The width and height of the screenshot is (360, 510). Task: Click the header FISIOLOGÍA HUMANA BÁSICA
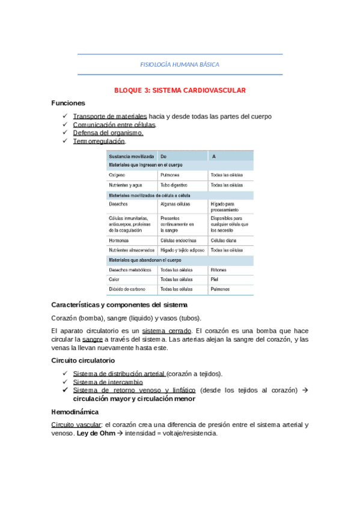[x=180, y=64]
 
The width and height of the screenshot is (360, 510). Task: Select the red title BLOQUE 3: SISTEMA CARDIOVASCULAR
[x=180, y=90]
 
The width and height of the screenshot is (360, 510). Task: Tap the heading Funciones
[x=68, y=103]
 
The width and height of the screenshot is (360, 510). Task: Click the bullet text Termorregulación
[x=99, y=141]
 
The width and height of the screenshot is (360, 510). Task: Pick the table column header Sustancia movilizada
[x=131, y=156]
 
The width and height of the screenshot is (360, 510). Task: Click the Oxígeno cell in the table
[x=117, y=175]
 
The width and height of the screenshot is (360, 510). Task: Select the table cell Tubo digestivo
[x=174, y=185]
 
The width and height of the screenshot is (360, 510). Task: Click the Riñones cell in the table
[x=219, y=269]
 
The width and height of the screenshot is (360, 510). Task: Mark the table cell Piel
[x=214, y=279]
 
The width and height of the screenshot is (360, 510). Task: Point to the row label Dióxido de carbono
[x=127, y=289]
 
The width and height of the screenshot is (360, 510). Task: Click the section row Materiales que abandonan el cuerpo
[x=145, y=260]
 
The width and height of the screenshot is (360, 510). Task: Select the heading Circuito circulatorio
[x=83, y=360]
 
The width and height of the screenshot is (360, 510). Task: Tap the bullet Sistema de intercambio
[x=108, y=381]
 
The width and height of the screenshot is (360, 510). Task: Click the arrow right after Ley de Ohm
[x=120, y=433]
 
